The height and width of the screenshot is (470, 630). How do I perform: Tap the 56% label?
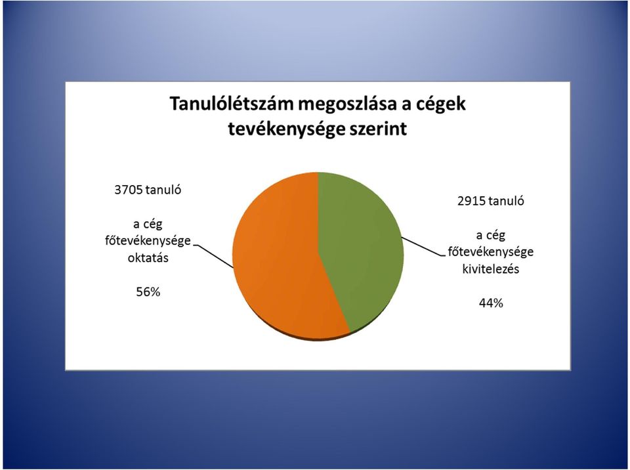click(x=148, y=292)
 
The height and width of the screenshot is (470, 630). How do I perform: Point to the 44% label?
click(x=491, y=303)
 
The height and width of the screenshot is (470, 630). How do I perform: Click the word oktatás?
click(x=148, y=258)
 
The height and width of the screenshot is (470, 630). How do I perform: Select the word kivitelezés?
click(x=491, y=268)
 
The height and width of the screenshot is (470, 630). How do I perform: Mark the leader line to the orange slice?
click(x=213, y=256)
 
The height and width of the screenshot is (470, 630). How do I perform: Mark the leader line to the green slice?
click(x=424, y=246)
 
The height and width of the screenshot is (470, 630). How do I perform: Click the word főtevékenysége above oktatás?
click(x=148, y=241)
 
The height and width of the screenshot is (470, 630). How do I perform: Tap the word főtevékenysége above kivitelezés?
click(x=491, y=252)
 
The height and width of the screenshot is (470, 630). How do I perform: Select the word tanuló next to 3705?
click(x=163, y=190)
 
